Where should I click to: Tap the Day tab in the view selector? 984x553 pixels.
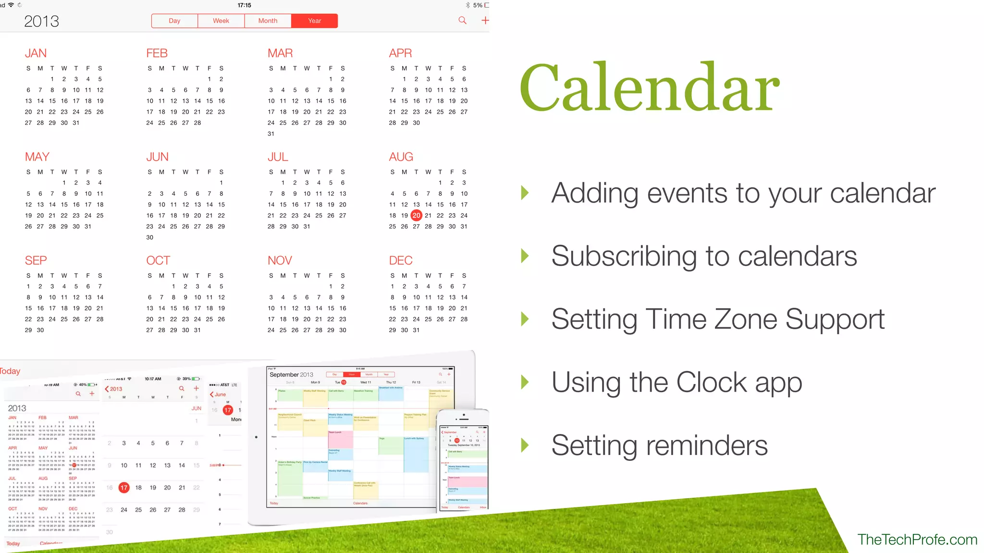[174, 21]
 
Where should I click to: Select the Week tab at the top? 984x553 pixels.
[221, 21]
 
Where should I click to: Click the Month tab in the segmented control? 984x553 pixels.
[268, 21]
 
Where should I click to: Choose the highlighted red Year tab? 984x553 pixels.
[314, 21]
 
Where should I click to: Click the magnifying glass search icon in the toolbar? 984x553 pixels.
[462, 20]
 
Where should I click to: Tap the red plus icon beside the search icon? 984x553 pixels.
[485, 20]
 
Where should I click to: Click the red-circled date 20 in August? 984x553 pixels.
[416, 216]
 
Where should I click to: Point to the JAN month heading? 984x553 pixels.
[36, 53]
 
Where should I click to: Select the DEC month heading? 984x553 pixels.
[401, 261]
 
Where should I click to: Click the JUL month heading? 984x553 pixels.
[278, 157]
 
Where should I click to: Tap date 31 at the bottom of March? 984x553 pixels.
[271, 134]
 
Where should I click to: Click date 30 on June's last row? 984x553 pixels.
[150, 238]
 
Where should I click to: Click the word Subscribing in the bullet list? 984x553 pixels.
[624, 256]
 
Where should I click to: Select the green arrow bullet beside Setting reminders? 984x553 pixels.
[525, 445]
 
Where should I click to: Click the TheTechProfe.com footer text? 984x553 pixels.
[917, 540]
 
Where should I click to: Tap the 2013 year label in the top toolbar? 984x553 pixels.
[41, 21]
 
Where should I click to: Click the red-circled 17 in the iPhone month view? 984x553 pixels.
[124, 488]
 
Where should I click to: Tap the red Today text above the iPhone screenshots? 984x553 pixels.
[10, 371]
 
